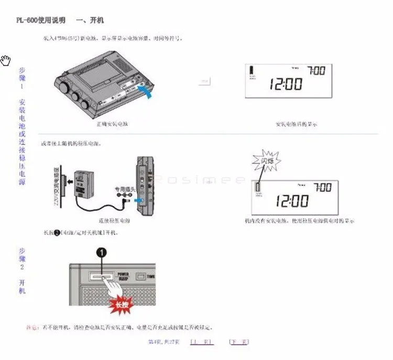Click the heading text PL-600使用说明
coord(41,20)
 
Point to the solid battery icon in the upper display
coord(252,70)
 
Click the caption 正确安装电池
coord(113,125)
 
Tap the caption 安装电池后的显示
coord(296,125)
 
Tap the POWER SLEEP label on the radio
coord(123,276)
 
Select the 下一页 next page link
coord(238,342)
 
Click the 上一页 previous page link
coord(201,342)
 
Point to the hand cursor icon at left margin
coord(6,60)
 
